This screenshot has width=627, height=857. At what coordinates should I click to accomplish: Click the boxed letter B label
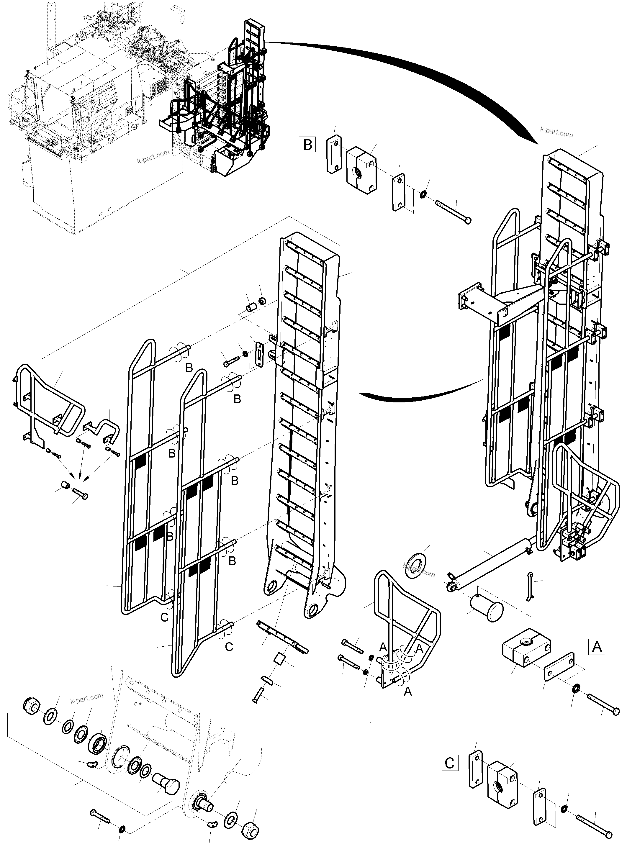click(x=307, y=145)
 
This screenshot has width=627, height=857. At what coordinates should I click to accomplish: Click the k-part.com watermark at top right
click(x=556, y=133)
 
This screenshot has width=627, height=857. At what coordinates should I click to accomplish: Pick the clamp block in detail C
click(x=502, y=785)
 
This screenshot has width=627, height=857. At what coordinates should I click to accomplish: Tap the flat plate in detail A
click(x=560, y=666)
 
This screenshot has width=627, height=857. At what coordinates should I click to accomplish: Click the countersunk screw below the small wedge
click(x=258, y=694)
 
